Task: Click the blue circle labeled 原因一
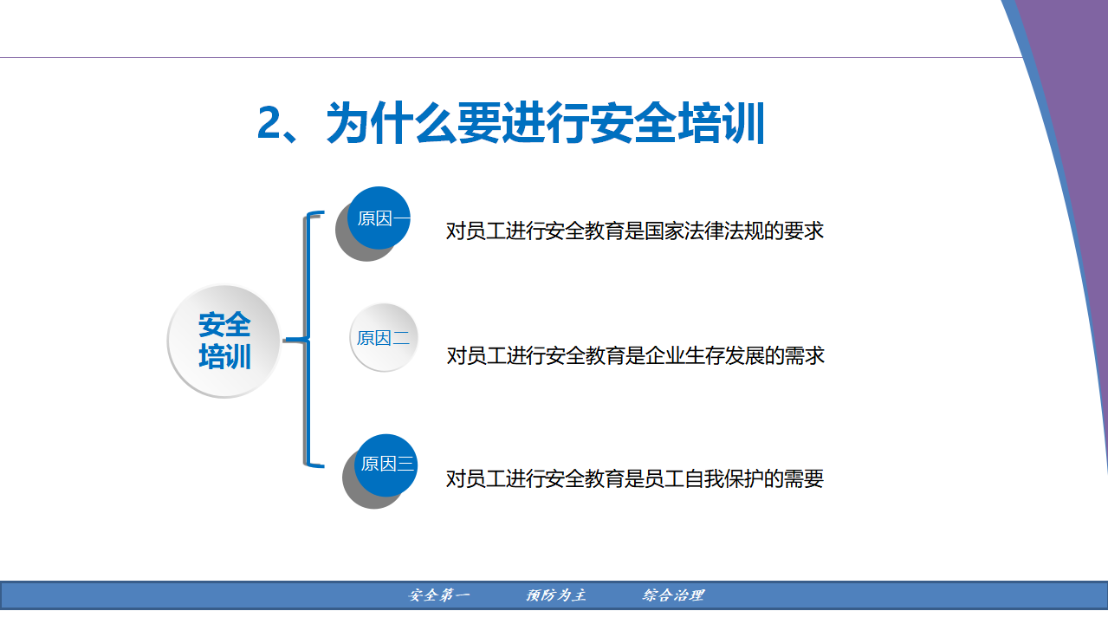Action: (379, 218)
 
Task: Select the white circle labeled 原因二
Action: (384, 337)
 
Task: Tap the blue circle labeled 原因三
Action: (386, 465)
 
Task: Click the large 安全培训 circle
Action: (224, 341)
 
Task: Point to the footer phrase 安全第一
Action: (438, 595)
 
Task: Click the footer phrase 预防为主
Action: (556, 595)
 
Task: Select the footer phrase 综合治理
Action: (673, 595)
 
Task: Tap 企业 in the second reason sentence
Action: (664, 356)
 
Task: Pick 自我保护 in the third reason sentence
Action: (723, 478)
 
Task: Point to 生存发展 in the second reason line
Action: (724, 356)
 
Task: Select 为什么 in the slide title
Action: (391, 123)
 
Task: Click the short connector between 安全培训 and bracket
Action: (295, 340)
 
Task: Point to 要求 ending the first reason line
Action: (804, 231)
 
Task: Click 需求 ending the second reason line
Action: (805, 356)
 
